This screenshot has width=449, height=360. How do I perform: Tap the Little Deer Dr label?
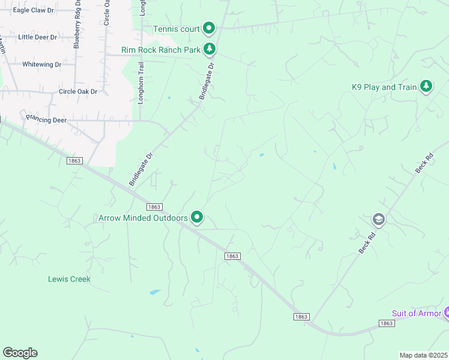37,37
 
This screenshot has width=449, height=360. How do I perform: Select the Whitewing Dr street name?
41,64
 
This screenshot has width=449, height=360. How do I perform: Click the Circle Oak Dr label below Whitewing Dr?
77,91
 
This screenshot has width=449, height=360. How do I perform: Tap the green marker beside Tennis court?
209,28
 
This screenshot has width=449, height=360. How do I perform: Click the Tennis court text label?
175,29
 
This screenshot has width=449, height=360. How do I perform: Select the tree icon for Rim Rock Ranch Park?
209,49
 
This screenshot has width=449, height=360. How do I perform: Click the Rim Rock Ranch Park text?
160,50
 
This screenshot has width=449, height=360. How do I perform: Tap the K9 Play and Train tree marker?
426,87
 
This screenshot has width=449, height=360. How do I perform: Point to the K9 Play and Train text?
384,87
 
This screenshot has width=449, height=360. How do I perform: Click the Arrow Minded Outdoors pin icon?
197,217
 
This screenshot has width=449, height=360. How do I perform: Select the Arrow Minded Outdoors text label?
143,218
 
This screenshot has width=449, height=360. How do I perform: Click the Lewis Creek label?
69,279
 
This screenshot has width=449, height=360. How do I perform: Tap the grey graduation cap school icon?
378,220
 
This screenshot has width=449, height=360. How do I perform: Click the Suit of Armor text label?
415,313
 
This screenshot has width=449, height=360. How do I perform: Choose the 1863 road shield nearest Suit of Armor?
386,323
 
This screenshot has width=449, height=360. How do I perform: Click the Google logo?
20,353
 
